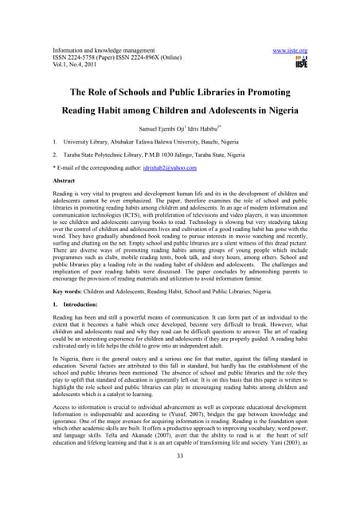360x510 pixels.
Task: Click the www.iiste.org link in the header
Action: click(x=290, y=50)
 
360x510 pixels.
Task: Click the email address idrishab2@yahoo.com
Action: click(x=169, y=168)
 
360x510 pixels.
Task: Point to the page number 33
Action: click(x=180, y=479)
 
